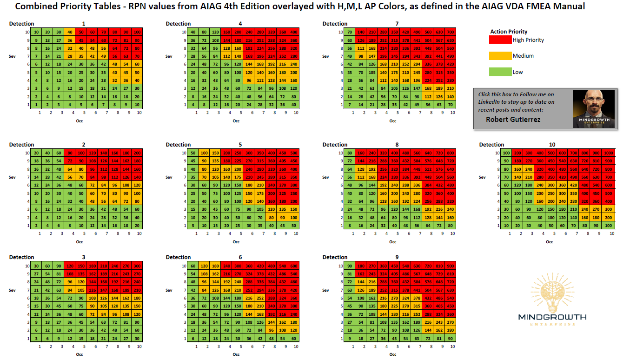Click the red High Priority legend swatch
click(500, 40)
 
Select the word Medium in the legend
click(523, 56)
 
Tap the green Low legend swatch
click(500, 72)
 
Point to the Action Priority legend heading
click(509, 32)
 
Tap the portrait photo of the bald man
click(594, 108)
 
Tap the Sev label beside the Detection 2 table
click(13, 177)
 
